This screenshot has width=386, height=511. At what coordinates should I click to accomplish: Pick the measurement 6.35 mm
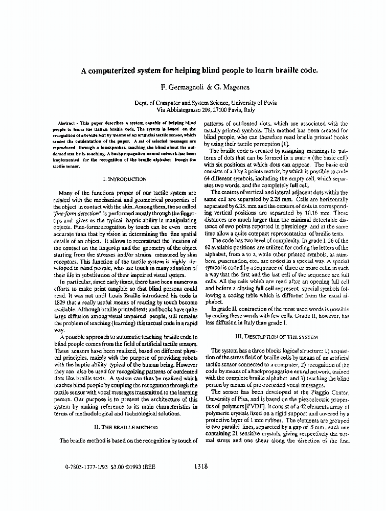[x=245, y=205]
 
